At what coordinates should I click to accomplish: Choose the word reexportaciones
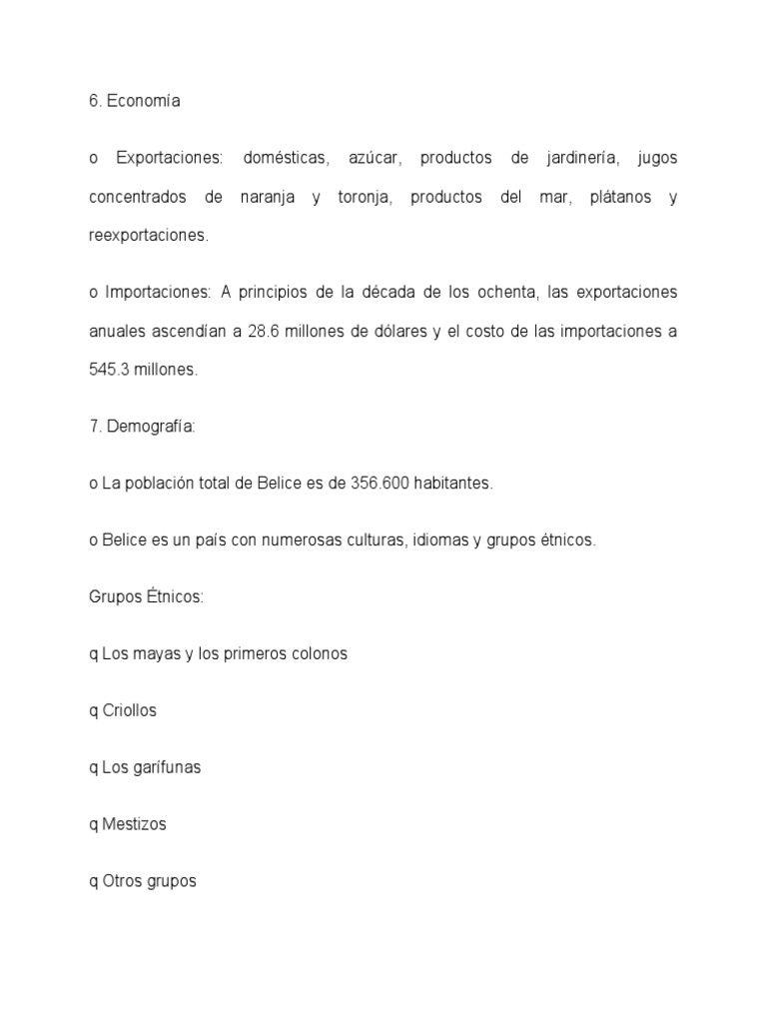click(x=149, y=236)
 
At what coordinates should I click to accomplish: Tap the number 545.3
click(x=108, y=370)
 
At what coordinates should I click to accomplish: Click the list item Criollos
click(x=129, y=711)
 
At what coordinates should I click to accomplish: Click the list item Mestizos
click(x=134, y=825)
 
